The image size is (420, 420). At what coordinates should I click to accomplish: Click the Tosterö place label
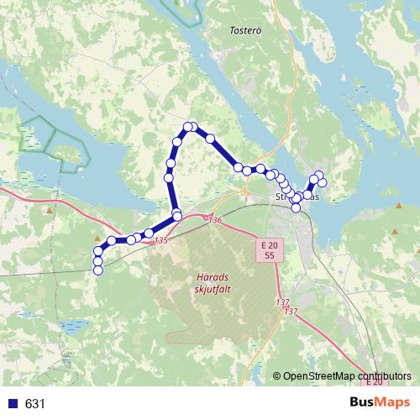pos(245,29)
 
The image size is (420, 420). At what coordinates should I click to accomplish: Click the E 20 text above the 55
pos(269,244)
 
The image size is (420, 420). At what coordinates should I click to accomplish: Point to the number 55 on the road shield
pos(269,254)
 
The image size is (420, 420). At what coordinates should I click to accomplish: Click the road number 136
pos(215,220)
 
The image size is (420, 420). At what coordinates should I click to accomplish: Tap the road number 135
pos(161,241)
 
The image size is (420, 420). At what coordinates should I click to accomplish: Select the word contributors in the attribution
pos(386,375)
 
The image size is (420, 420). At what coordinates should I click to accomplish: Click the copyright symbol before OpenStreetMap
pos(276,375)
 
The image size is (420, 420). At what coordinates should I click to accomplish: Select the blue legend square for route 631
pos(13,403)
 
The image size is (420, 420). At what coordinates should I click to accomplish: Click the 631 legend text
pos(35,403)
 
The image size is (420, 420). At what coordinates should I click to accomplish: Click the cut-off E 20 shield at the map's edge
pos(375,382)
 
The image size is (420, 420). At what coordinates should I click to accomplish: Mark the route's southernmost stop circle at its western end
pos(98,270)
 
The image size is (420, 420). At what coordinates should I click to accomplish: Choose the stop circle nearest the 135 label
pos(149,233)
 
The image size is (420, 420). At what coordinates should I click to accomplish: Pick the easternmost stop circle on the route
pos(322,183)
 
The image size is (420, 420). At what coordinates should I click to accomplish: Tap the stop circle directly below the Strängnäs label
pos(296,207)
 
